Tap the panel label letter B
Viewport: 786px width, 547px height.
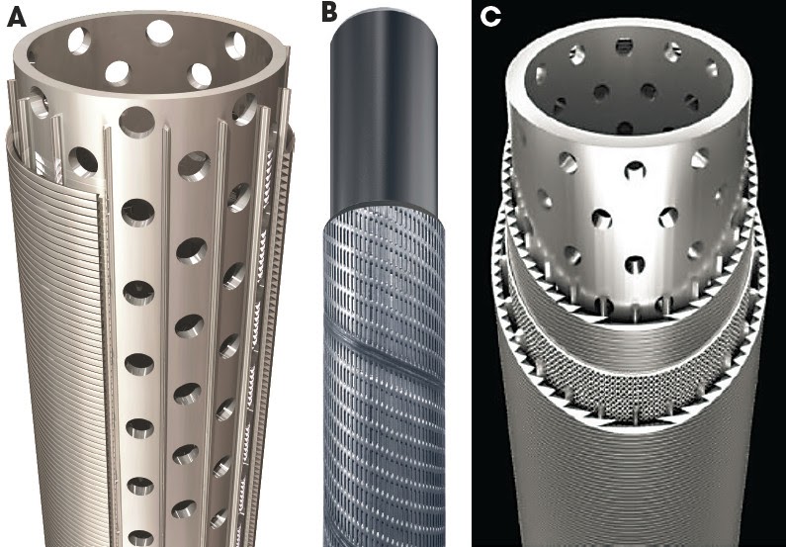pos(329,12)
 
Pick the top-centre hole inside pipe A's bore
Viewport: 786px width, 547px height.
pos(158,33)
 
